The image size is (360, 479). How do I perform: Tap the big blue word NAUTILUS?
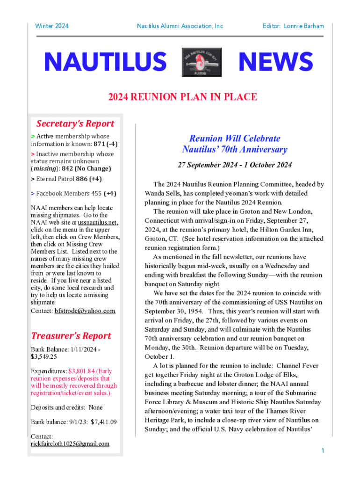point(105,63)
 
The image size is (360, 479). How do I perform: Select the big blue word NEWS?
point(275,63)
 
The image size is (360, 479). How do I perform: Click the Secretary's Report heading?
point(75,123)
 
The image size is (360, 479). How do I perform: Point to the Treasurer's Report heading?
point(71,336)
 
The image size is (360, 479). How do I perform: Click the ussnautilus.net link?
point(98,222)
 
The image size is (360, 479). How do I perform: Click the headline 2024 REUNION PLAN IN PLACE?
point(182,97)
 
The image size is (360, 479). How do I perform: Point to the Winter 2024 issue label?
point(52,26)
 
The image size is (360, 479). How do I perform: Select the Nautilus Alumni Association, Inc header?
point(180,26)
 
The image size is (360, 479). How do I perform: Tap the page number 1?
point(323,450)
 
